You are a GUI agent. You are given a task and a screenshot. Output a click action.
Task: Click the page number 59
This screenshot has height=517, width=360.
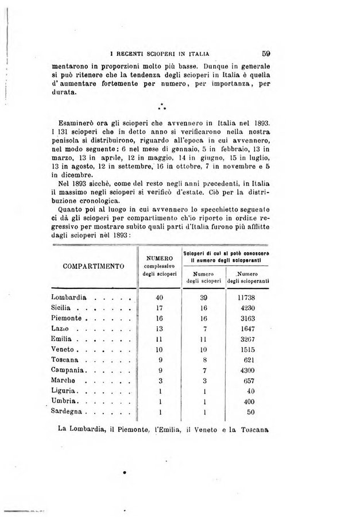265,50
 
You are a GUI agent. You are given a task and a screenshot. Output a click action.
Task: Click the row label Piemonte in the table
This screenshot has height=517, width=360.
68,318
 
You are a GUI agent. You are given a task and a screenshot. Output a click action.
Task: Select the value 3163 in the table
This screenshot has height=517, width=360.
250,318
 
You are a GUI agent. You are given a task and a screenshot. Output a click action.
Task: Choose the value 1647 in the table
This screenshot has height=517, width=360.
250,329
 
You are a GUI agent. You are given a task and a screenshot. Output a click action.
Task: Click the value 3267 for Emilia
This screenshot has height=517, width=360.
250,339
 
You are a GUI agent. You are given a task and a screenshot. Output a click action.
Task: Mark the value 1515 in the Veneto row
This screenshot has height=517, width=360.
250,350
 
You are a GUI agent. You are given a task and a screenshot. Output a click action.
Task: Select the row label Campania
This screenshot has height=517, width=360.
69,371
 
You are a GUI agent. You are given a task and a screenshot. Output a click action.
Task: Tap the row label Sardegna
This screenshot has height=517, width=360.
68,412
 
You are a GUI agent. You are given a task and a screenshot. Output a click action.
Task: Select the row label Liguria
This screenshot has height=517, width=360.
65,392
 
